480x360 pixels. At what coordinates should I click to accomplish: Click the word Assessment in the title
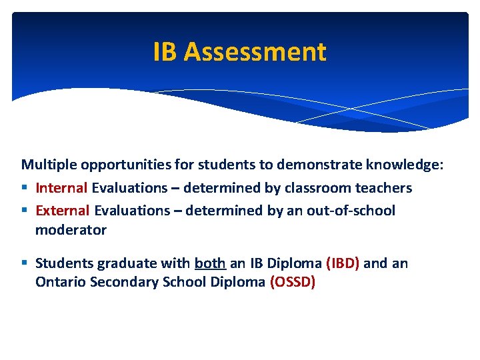click(255, 52)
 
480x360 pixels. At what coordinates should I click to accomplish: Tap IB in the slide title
click(166, 52)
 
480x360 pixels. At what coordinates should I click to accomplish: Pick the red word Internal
click(61, 188)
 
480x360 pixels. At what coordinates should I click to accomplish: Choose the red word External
click(63, 211)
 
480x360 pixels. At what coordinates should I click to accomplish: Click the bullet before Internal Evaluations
click(25, 189)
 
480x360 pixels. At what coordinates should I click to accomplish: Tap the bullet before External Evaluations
click(25, 211)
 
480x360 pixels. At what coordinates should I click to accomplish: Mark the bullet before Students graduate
click(25, 263)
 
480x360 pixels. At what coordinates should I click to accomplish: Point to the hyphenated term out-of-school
click(351, 211)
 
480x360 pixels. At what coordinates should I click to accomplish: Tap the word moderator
click(71, 230)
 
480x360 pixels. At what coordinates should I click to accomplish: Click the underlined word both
click(210, 263)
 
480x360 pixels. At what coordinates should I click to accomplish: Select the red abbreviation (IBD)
click(343, 263)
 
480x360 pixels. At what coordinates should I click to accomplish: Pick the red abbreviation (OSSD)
click(293, 282)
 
